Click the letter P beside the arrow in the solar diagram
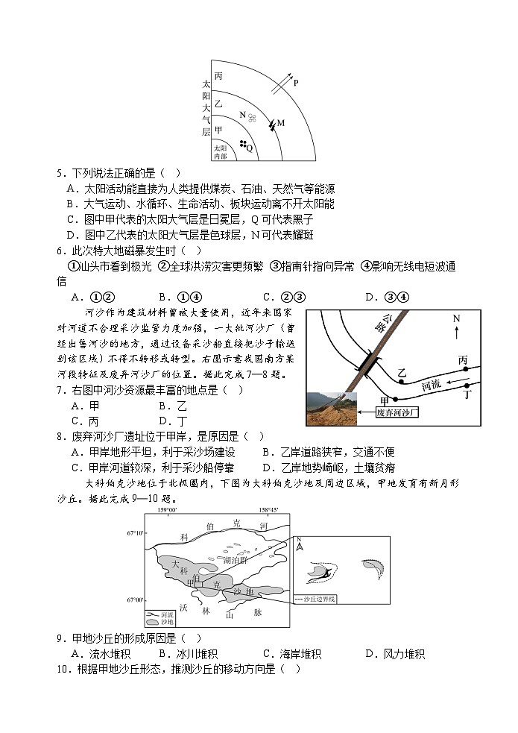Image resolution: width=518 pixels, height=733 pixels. coord(295,84)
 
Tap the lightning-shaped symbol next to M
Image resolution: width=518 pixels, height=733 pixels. coord(271,124)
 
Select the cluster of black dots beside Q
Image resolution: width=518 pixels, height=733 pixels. coord(242,144)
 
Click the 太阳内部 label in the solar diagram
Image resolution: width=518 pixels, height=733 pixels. coord(220,153)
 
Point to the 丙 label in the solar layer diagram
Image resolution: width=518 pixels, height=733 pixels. coord(218,76)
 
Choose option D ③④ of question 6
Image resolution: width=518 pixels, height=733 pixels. coord(385,296)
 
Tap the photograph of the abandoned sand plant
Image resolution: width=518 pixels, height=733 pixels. coord(332,409)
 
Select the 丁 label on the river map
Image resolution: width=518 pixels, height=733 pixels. coord(467,395)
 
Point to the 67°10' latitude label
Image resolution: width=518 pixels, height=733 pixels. coord(136,534)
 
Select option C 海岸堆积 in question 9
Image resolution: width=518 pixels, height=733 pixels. coord(292,654)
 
